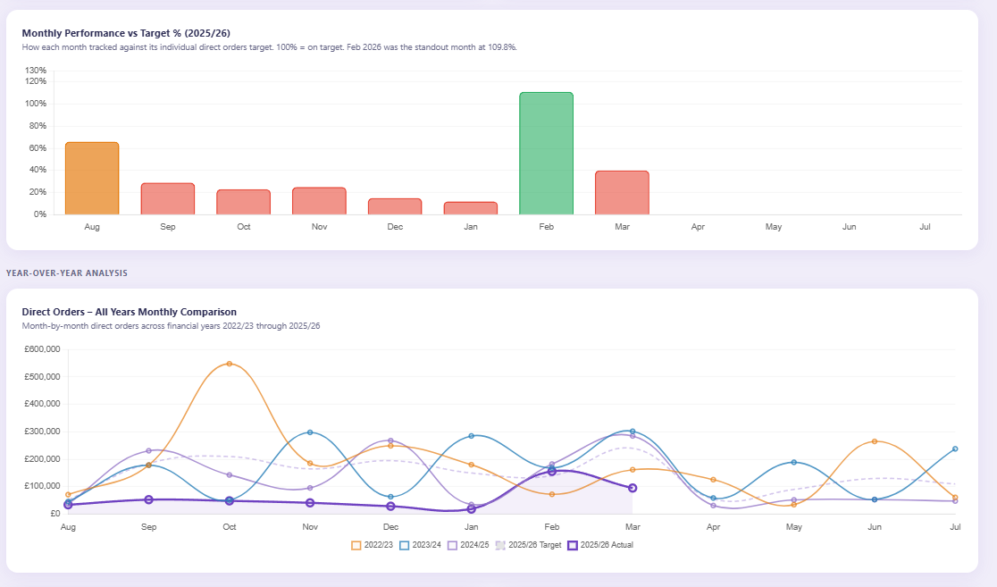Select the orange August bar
[92, 179]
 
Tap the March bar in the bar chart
[622, 193]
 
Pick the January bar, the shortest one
[471, 208]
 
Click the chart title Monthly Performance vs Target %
[126, 33]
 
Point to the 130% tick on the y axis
[36, 71]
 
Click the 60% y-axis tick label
[38, 148]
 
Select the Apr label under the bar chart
[698, 228]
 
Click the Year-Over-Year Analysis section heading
[66, 273]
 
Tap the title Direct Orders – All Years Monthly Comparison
[129, 312]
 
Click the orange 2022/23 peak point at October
[230, 364]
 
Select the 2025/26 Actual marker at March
[633, 488]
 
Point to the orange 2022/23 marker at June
[875, 441]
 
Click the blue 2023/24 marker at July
[955, 449]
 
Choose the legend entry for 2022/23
[374, 544]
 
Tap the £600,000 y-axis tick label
[41, 349]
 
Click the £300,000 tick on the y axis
[41, 432]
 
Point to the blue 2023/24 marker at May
[793, 462]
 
